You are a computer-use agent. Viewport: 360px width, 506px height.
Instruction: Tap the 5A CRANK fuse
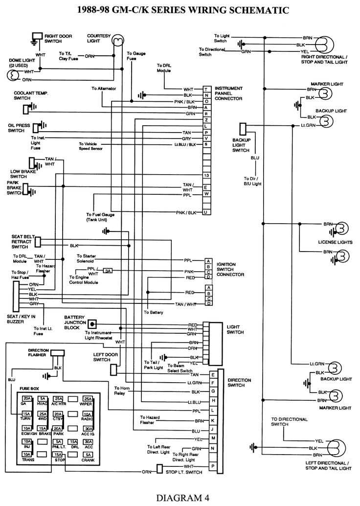pos(88,457)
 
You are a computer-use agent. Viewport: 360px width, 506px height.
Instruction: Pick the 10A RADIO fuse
pos(88,416)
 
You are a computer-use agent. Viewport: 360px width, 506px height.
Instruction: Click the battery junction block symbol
pos(91,323)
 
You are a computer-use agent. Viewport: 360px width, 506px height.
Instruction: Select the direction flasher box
pos(58,353)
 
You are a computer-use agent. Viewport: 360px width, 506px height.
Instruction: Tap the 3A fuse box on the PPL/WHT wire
pos(108,271)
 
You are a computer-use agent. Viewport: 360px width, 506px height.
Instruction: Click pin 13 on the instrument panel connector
pos(207,175)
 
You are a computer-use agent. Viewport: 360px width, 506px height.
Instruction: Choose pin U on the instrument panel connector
pos(207,212)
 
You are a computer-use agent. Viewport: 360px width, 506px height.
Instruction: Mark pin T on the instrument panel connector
pos(207,89)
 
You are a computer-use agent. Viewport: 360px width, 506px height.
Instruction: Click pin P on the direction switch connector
pos(213,466)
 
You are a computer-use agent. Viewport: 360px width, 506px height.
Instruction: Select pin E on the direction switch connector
pos(213,374)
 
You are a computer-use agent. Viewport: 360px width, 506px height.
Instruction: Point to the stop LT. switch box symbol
pos(159,469)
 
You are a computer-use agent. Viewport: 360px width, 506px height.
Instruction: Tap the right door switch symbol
pos(37,37)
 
